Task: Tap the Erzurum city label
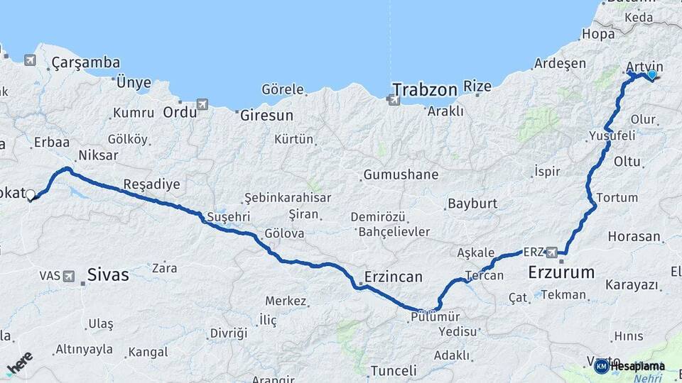click(561, 272)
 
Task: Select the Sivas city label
click(108, 274)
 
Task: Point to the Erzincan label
click(393, 277)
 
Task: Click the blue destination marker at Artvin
click(651, 74)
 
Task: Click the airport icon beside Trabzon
click(394, 100)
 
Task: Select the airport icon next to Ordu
click(202, 104)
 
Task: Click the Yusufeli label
click(612, 135)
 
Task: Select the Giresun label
click(266, 114)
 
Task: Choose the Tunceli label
click(393, 371)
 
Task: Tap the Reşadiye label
click(151, 184)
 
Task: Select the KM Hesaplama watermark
click(630, 366)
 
